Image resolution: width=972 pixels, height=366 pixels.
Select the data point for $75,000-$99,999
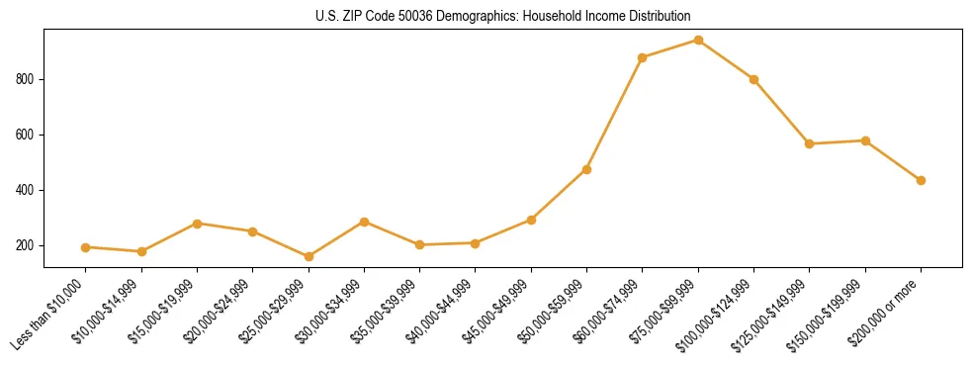pyautogui.click(x=698, y=41)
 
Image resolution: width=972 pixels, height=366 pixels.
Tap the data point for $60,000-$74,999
pyautogui.click(x=643, y=57)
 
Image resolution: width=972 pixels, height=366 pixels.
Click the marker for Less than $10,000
pyautogui.click(x=86, y=247)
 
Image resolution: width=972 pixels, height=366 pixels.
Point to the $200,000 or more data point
pyautogui.click(x=921, y=180)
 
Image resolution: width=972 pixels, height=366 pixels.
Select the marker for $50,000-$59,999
pyautogui.click(x=586, y=169)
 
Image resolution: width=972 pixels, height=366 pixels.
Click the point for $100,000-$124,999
pyautogui.click(x=753, y=79)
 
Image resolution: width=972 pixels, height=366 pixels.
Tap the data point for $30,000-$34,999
pyautogui.click(x=364, y=222)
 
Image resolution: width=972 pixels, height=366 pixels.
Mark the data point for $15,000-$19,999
pyautogui.click(x=197, y=224)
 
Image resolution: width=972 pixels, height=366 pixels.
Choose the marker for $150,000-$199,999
pyautogui.click(x=865, y=140)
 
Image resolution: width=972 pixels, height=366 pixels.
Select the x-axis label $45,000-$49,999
pyautogui.click(x=496, y=315)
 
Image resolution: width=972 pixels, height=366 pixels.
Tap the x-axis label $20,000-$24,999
pyautogui.click(x=218, y=315)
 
